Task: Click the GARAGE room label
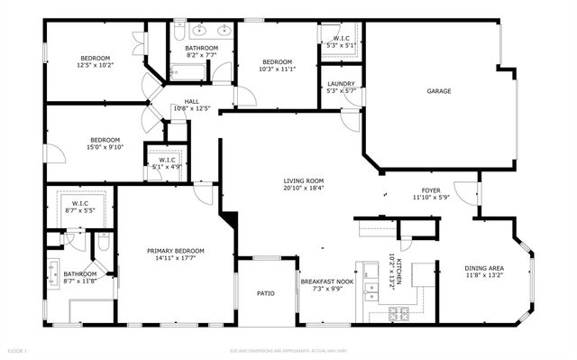click(x=439, y=90)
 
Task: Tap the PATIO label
click(x=265, y=292)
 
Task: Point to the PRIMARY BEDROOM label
click(x=176, y=250)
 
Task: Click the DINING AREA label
click(x=483, y=268)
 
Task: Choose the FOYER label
click(x=432, y=190)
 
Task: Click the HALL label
click(x=191, y=101)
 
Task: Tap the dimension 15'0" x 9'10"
click(x=105, y=147)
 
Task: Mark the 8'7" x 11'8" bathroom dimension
click(x=79, y=281)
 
